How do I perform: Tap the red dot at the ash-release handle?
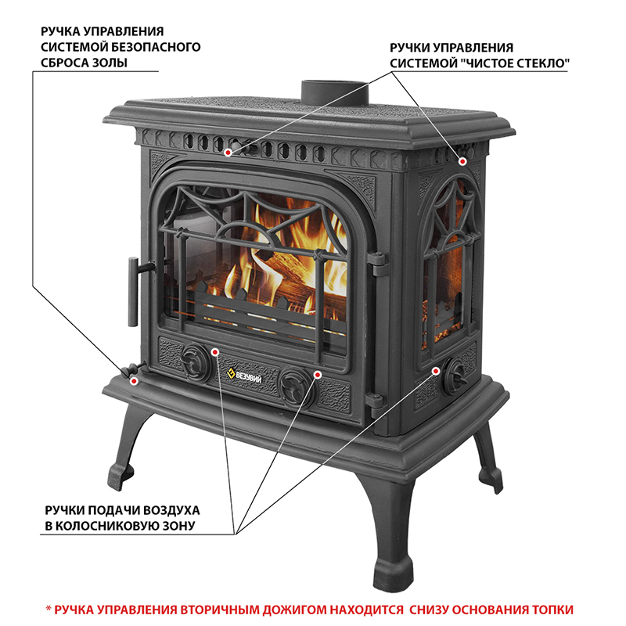[135, 380]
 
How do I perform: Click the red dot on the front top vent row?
[228, 152]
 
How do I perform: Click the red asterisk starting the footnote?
[49, 607]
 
